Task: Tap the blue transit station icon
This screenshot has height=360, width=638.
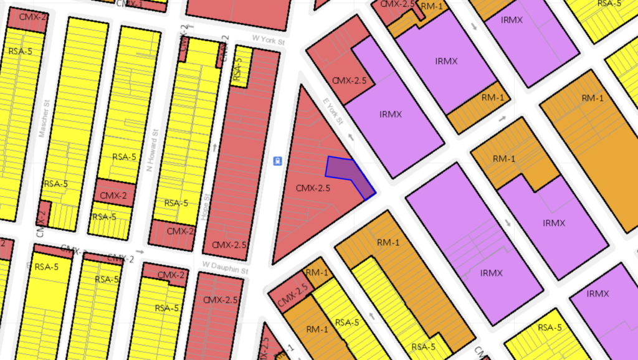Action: pos(275,161)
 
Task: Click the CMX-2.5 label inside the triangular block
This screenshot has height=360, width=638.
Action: pos(313,187)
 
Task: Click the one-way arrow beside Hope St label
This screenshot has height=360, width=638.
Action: pos(216,148)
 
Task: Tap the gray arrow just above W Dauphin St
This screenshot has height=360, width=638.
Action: pos(140,252)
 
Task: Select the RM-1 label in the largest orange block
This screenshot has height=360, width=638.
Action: pos(592,98)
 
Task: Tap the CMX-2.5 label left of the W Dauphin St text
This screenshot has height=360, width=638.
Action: pos(225,244)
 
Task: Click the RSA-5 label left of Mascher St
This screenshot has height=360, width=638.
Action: pos(19,51)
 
